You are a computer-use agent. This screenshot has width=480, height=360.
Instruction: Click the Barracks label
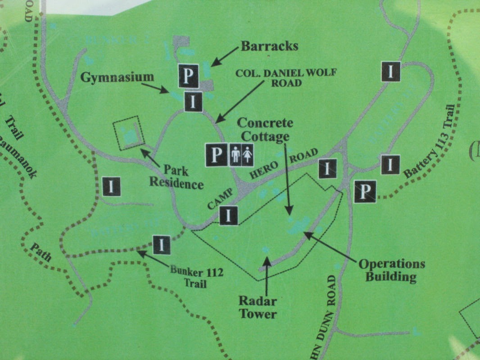pyautogui.click(x=269, y=46)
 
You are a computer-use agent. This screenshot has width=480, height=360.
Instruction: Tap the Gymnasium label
pyautogui.click(x=117, y=77)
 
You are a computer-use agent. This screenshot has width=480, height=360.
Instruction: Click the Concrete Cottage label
pyautogui.click(x=265, y=130)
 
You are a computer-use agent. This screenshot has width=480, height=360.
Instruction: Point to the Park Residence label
pyautogui.click(x=176, y=177)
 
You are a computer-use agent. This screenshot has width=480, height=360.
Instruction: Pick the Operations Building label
pyautogui.click(x=391, y=270)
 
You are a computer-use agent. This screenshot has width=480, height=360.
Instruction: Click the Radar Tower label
pyautogui.click(x=258, y=307)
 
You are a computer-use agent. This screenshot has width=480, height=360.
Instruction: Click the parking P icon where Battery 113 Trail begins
pyautogui.click(x=365, y=191)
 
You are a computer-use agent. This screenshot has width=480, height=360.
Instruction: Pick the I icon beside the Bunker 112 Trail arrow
pyautogui.click(x=162, y=245)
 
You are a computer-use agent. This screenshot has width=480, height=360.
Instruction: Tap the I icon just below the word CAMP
pyautogui.click(x=229, y=215)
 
